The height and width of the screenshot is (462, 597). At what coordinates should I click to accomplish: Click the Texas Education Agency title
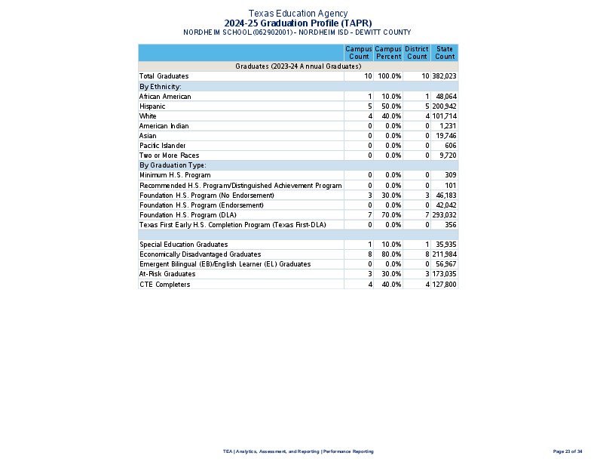pyautogui.click(x=298, y=14)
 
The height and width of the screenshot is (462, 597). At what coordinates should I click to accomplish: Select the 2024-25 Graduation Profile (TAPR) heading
pyautogui.click(x=298, y=23)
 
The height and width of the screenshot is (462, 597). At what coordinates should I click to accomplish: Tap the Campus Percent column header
pyautogui.click(x=388, y=53)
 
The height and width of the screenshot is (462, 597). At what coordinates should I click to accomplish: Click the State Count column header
pyautogui.click(x=445, y=53)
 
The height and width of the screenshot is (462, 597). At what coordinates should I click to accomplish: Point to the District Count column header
pyautogui.click(x=417, y=53)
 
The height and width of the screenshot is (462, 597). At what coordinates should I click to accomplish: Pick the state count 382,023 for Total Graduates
pyautogui.click(x=445, y=76)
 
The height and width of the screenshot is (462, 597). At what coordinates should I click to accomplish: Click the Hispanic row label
pyautogui.click(x=152, y=106)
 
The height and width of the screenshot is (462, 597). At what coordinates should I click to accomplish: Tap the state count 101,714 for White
pyautogui.click(x=445, y=116)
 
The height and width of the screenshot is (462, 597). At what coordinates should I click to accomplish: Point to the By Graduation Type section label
pyautogui.click(x=173, y=165)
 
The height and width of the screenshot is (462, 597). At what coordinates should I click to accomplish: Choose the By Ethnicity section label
pyautogui.click(x=160, y=87)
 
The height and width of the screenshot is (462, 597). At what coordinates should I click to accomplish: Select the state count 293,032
pyautogui.click(x=445, y=215)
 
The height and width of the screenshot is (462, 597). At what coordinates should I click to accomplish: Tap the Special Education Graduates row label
pyautogui.click(x=183, y=245)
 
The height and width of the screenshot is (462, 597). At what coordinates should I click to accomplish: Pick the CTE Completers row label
pyautogui.click(x=164, y=284)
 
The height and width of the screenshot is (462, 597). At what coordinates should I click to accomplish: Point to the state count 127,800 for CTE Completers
pyautogui.click(x=445, y=284)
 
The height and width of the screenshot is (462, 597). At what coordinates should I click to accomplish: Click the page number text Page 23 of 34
pyautogui.click(x=568, y=451)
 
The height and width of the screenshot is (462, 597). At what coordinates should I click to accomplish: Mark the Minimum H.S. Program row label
pyautogui.click(x=175, y=175)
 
